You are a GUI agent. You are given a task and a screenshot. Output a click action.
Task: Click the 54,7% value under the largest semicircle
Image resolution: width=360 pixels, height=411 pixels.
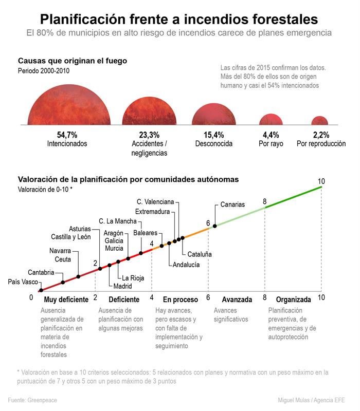(67, 135)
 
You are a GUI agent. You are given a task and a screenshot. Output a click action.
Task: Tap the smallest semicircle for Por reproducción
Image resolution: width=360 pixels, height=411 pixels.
(319, 121)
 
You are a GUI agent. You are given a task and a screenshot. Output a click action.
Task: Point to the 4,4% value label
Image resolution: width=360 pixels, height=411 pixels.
(271, 135)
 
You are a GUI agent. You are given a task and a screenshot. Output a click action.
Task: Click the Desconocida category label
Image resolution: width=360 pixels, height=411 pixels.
(213, 144)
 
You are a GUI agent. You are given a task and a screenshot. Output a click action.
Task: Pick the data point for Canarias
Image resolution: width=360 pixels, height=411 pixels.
(214, 226)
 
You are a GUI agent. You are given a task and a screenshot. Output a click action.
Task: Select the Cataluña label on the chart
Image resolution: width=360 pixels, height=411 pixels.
(200, 254)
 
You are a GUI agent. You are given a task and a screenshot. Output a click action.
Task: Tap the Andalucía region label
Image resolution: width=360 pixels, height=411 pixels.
(186, 265)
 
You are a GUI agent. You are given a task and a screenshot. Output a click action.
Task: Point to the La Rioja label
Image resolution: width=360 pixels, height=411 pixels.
(133, 278)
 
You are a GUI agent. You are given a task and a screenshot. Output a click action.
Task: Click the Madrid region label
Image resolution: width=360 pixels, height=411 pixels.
(122, 286)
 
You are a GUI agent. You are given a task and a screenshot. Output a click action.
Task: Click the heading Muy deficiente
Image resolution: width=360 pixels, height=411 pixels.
(66, 300)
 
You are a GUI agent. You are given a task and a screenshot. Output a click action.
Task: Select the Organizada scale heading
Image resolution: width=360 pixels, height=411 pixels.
(294, 300)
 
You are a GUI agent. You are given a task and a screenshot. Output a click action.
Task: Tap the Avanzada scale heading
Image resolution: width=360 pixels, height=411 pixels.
(237, 300)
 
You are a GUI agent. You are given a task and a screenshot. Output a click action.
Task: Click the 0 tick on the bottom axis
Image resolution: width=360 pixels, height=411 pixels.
(31, 297)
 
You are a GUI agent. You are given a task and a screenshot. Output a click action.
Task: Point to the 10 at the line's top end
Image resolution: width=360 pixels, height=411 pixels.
(321, 181)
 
